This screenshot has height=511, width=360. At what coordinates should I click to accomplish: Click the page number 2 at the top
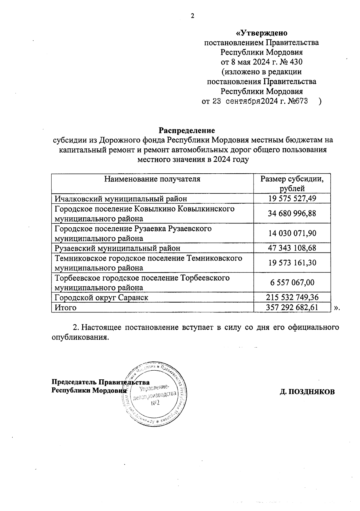193,16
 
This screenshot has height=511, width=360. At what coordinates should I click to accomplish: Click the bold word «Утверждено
261,33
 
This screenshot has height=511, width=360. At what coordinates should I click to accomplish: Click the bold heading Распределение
187,131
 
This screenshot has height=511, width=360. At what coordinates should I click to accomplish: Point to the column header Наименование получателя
152,179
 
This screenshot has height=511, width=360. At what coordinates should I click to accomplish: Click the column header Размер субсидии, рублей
292,184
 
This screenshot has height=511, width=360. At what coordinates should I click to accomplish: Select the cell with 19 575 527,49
292,199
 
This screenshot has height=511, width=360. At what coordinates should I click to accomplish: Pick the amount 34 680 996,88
292,214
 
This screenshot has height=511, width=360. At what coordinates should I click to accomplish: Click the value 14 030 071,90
292,233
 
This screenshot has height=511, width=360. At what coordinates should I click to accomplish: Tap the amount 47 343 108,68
292,248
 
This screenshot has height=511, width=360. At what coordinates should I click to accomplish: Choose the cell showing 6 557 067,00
292,282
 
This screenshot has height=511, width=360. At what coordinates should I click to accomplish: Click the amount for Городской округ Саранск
292,297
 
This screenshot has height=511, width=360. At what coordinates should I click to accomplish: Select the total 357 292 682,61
292,307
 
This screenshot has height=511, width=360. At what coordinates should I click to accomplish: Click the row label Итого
65,308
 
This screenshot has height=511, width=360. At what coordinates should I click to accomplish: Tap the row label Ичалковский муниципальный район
121,199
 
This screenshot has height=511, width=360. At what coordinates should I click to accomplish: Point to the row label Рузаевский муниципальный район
118,248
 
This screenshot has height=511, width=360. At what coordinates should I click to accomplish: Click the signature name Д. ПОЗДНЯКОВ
307,392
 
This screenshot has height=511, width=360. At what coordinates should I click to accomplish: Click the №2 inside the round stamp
155,403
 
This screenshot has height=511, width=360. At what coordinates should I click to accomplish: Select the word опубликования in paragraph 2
79,337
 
